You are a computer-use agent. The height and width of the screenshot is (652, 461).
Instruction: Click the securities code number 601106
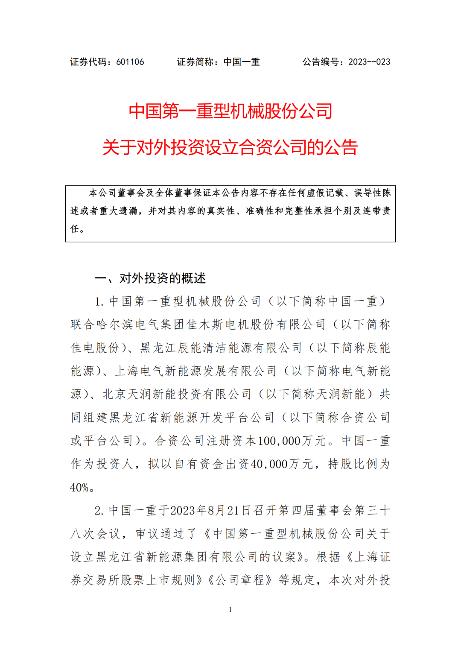click(130, 62)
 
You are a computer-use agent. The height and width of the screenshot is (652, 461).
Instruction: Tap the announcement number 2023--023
click(369, 62)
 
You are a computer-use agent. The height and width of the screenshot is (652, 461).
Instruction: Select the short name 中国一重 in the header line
click(242, 62)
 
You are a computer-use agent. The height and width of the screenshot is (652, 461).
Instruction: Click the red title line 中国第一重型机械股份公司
click(230, 111)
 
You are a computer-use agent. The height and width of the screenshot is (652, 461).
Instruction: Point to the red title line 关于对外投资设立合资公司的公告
click(230, 147)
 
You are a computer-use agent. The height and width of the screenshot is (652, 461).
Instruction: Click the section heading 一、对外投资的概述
click(150, 278)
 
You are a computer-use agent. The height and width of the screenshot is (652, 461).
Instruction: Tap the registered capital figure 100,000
click(280, 441)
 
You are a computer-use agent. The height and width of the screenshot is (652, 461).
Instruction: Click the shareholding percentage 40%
click(79, 487)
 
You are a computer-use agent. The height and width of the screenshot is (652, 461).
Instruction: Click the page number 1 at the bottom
click(230, 610)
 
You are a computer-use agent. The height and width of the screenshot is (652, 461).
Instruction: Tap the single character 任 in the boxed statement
click(75, 229)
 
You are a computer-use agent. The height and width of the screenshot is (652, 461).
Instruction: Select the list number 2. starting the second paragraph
click(99, 511)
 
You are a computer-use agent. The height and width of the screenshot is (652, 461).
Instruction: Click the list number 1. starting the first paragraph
click(99, 301)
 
